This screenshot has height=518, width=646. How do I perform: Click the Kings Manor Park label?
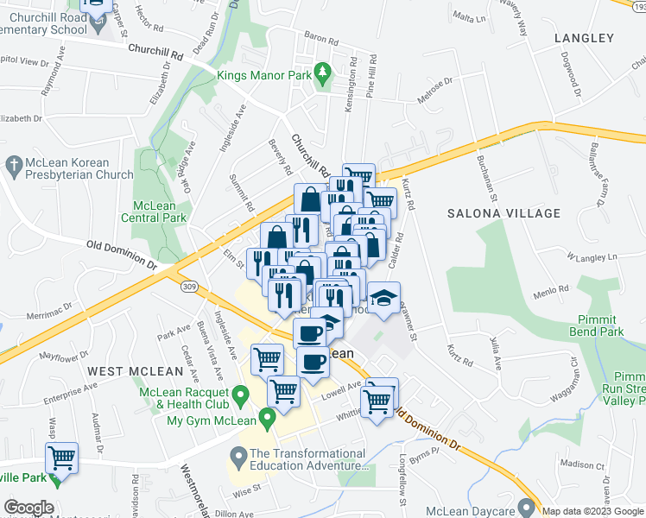[x=263, y=76]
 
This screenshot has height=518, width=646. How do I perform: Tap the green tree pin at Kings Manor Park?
[x=323, y=73]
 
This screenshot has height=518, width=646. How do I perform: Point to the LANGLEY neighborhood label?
[x=584, y=38]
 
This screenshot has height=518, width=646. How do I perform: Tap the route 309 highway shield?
[x=190, y=286]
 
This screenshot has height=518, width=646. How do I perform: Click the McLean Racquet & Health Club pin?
[x=242, y=395]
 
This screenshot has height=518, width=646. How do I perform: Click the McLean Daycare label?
[x=472, y=506]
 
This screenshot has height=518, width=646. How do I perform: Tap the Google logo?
[x=28, y=508]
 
